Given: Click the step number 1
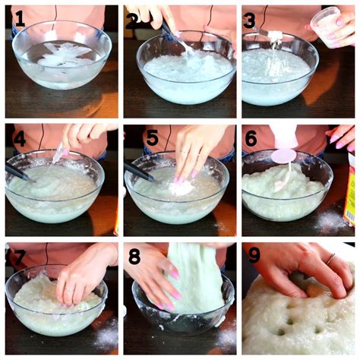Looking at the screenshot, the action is point(21,18).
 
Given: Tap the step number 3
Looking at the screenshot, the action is point(250,20).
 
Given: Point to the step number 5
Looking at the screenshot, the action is point(153,138).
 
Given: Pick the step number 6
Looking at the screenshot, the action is point(251,138).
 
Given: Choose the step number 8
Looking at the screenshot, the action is point(134,257).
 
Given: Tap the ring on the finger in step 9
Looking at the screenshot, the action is point(330,258).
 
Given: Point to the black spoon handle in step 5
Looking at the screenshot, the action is point(139,172).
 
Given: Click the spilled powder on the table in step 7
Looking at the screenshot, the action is point(108,334).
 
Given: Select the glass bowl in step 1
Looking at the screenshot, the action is point(62,55).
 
